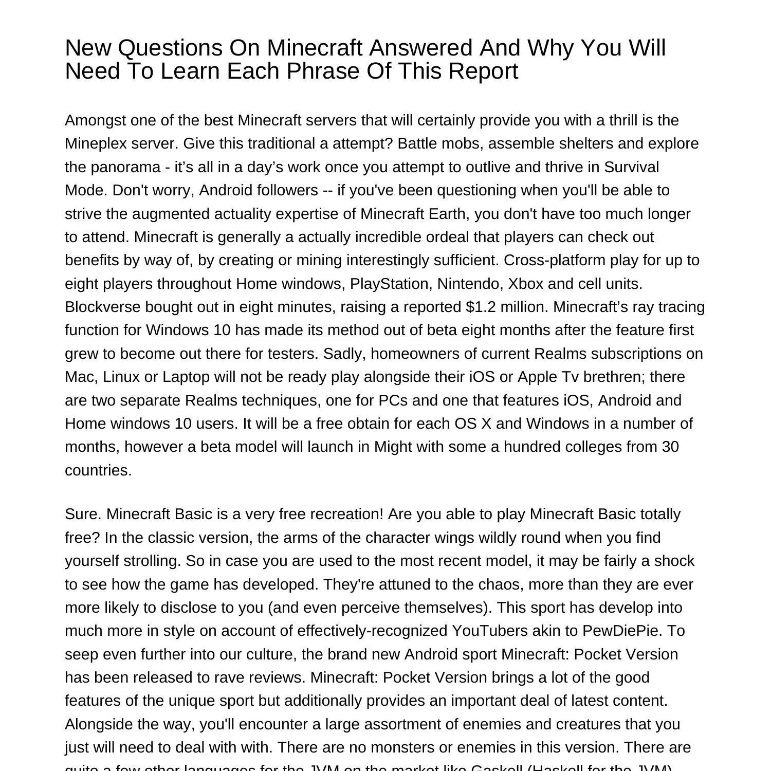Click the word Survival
click(631, 167)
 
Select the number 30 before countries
click(670, 447)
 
